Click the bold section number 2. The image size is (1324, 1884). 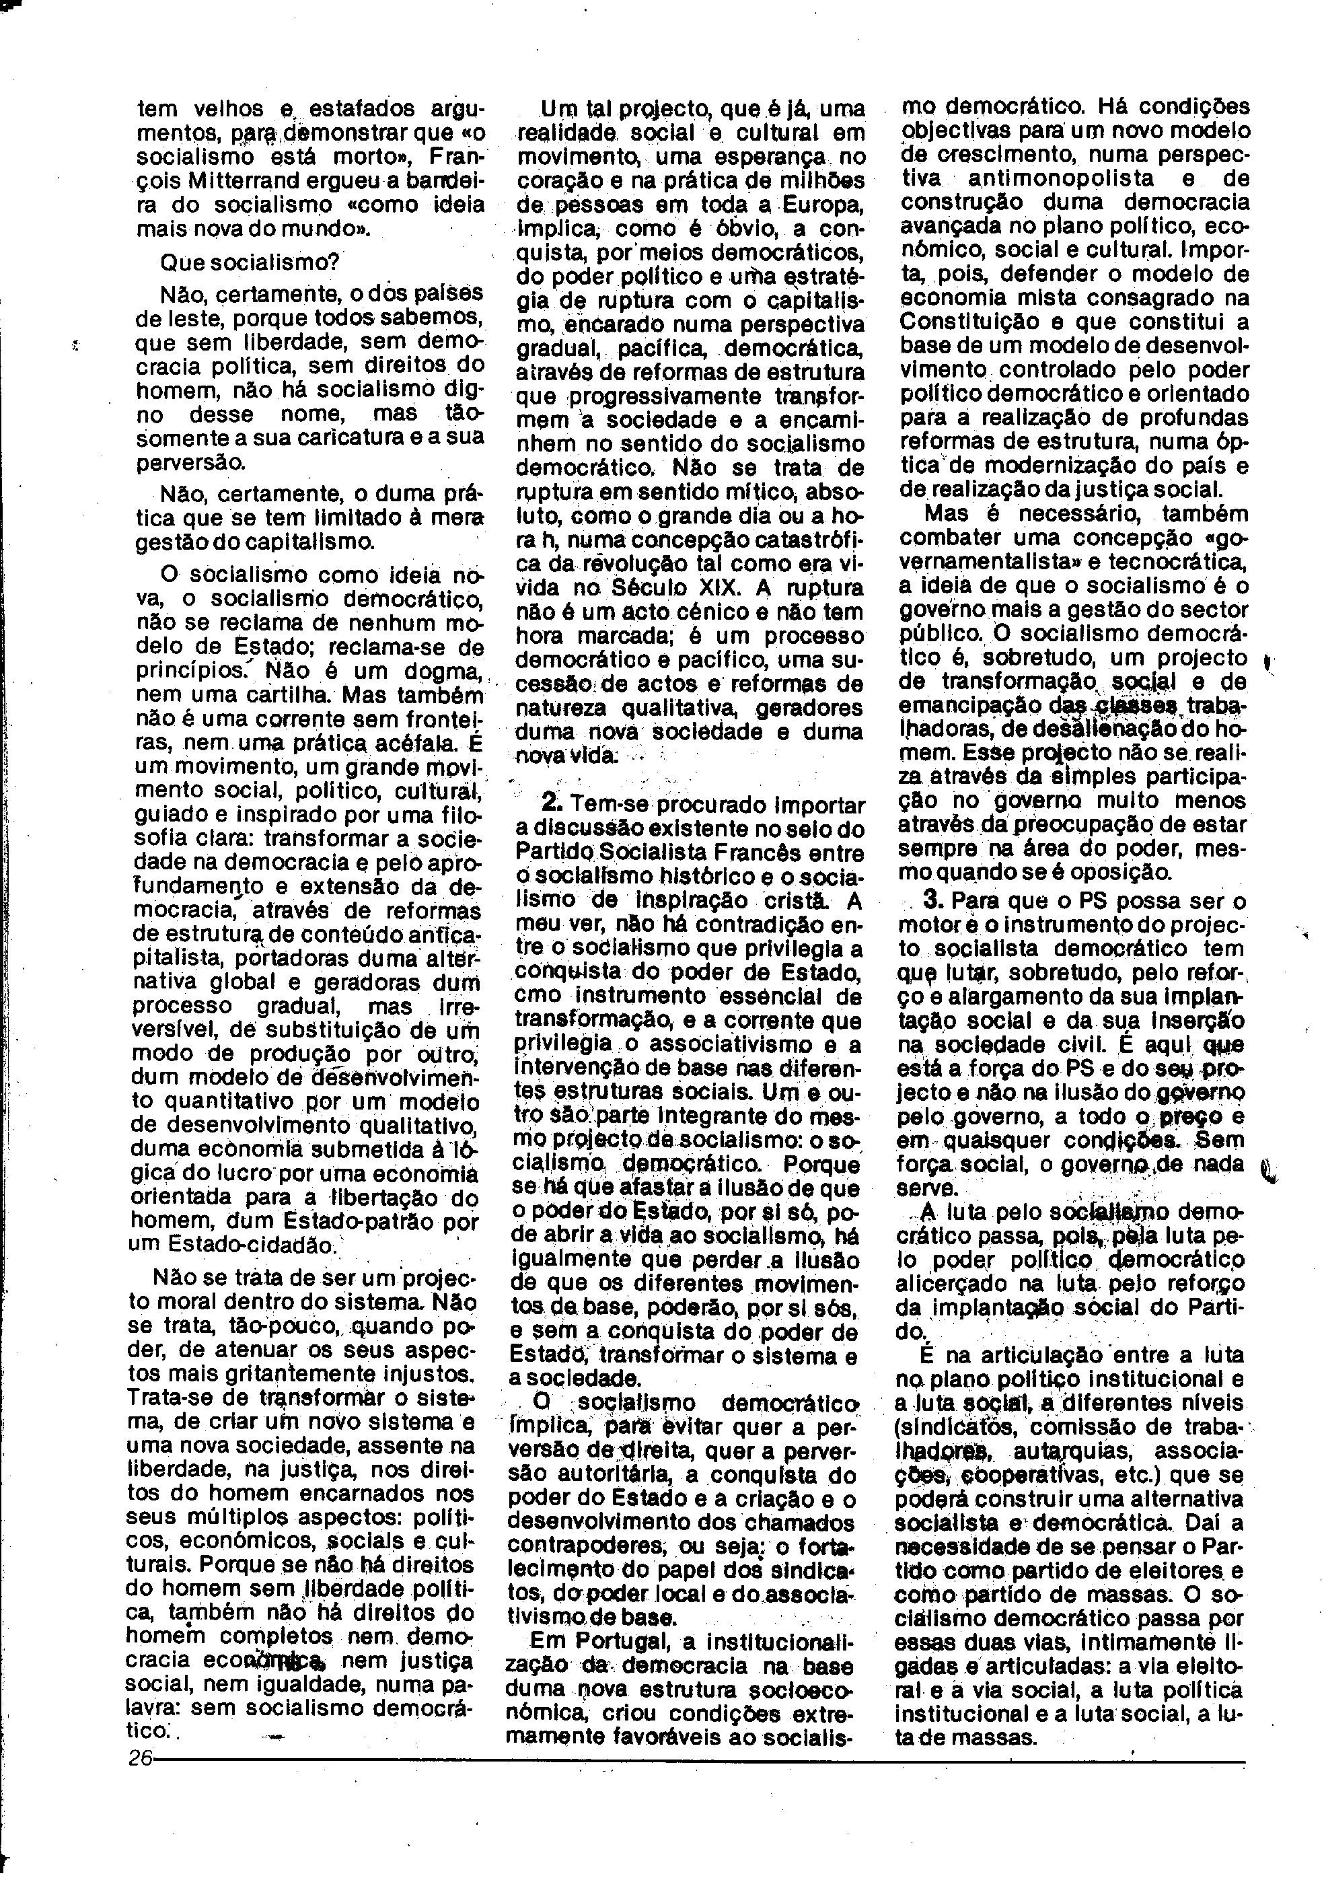coord(553,803)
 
